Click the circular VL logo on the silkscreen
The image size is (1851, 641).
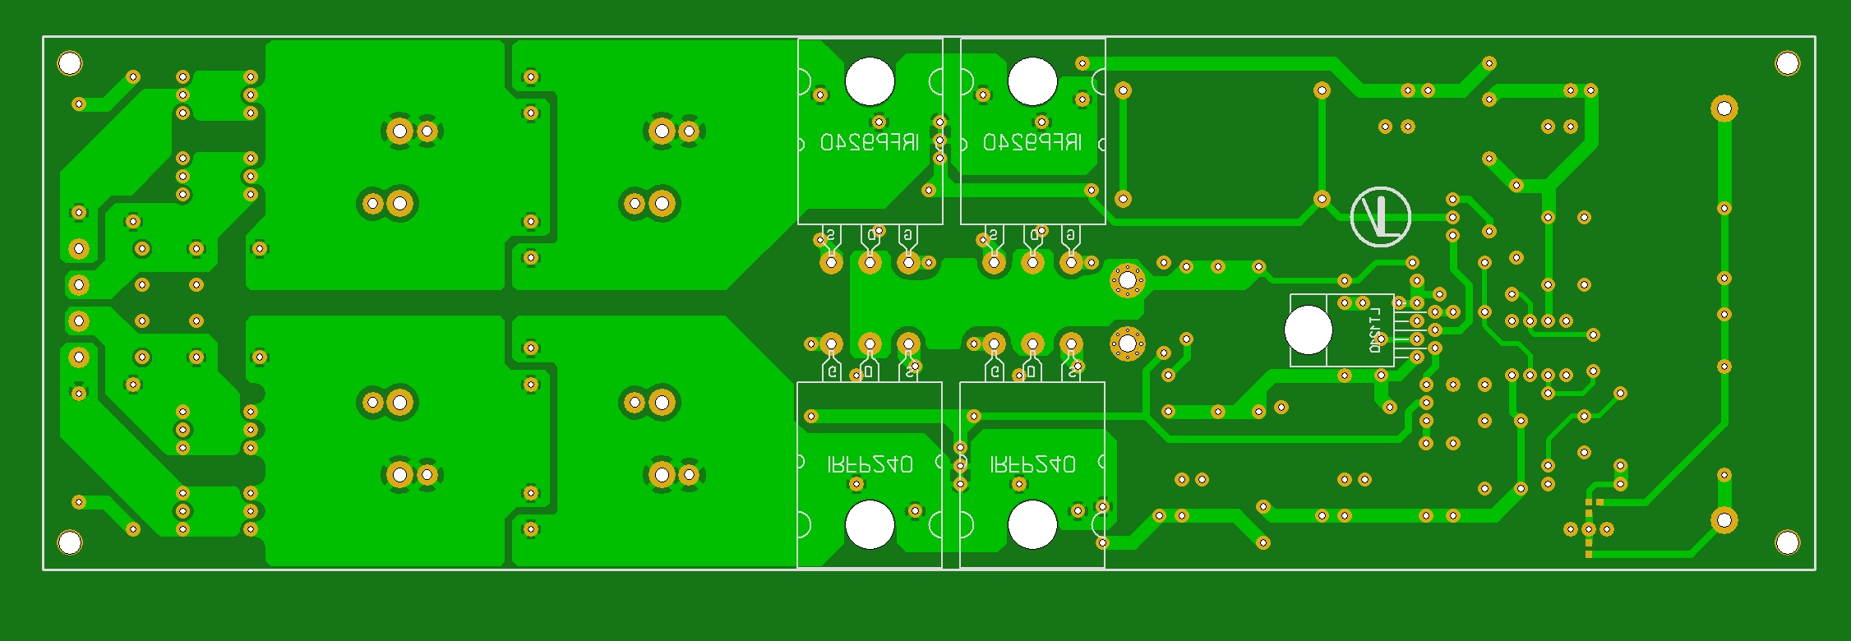(1381, 217)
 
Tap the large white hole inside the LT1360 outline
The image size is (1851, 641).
(1308, 330)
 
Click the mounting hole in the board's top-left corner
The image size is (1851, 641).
(70, 63)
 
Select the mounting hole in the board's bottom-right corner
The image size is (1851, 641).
(1788, 542)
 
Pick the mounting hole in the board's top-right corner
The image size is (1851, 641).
(1788, 63)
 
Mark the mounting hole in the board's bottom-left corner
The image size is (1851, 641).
(70, 542)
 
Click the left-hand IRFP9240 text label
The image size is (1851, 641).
(870, 143)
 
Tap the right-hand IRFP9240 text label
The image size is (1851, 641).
(1032, 143)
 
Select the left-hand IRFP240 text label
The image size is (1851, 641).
(870, 465)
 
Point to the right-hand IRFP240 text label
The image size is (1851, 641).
(1032, 465)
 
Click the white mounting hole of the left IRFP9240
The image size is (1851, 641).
(870, 81)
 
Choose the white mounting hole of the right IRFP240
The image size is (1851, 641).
(1032, 525)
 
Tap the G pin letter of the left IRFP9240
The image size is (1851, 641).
(907, 236)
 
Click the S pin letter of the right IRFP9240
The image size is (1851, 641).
(994, 236)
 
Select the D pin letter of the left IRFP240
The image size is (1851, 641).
(869, 372)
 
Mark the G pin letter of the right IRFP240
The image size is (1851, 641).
(995, 372)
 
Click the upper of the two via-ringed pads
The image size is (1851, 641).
(1127, 282)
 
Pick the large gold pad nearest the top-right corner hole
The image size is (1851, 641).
(1724, 108)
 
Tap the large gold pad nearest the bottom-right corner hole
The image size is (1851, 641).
(1724, 520)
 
